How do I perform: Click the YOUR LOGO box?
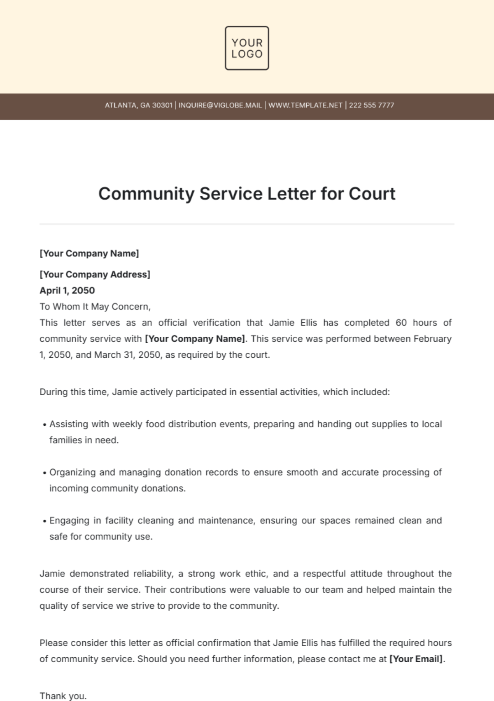[x=247, y=48]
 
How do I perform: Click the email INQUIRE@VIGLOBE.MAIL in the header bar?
[x=220, y=106]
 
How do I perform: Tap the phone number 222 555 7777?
[x=371, y=106]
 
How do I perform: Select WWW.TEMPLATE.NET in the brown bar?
[x=305, y=106]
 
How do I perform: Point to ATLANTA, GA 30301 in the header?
[x=138, y=106]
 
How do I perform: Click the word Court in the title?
[x=372, y=194]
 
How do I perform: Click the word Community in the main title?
[x=146, y=194]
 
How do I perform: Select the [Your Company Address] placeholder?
[x=95, y=274]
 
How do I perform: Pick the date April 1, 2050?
[x=67, y=291]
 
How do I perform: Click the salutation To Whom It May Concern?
[x=95, y=307]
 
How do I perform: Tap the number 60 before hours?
[x=401, y=323]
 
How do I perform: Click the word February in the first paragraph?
[x=432, y=339]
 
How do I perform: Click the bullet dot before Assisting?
[x=44, y=425]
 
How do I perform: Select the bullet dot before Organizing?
[x=44, y=473]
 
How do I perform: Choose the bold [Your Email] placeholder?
[x=417, y=659]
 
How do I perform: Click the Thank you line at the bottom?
[x=63, y=696]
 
